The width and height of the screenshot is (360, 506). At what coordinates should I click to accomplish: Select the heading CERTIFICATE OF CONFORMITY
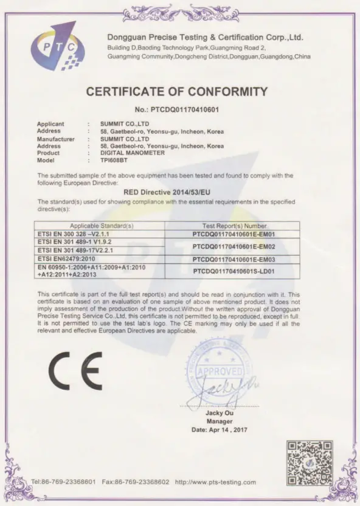click(177, 92)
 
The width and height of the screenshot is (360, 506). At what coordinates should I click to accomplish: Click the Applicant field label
click(50, 124)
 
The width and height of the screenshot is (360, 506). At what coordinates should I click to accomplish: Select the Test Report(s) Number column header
click(234, 225)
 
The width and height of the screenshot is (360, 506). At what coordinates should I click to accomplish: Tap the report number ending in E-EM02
click(234, 246)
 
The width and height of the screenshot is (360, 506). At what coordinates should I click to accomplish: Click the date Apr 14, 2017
click(220, 429)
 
